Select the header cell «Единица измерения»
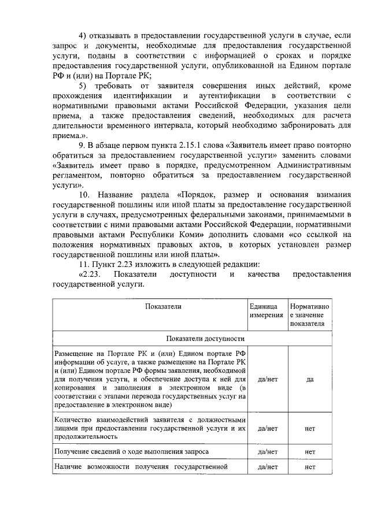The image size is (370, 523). pos(267,311)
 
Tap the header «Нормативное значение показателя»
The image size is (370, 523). pos(310,315)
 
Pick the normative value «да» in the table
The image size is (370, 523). pos(310,380)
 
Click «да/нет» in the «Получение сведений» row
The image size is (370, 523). pos(268,451)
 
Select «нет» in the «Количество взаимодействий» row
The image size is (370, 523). pos(310,429)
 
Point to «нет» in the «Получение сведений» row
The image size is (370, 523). pos(310,451)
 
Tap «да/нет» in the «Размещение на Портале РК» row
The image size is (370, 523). pos(268,380)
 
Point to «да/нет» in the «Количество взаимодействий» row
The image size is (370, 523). pos(268,429)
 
